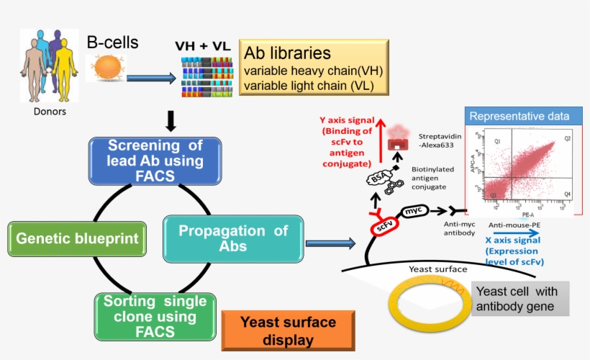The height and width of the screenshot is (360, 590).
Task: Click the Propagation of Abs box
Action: (232, 239)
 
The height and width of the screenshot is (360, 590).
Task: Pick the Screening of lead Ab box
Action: (155, 161)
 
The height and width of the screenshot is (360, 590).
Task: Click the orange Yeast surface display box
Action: (288, 331)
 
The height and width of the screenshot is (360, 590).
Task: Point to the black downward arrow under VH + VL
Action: (171, 122)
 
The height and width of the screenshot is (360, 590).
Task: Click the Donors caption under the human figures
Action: (50, 112)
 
